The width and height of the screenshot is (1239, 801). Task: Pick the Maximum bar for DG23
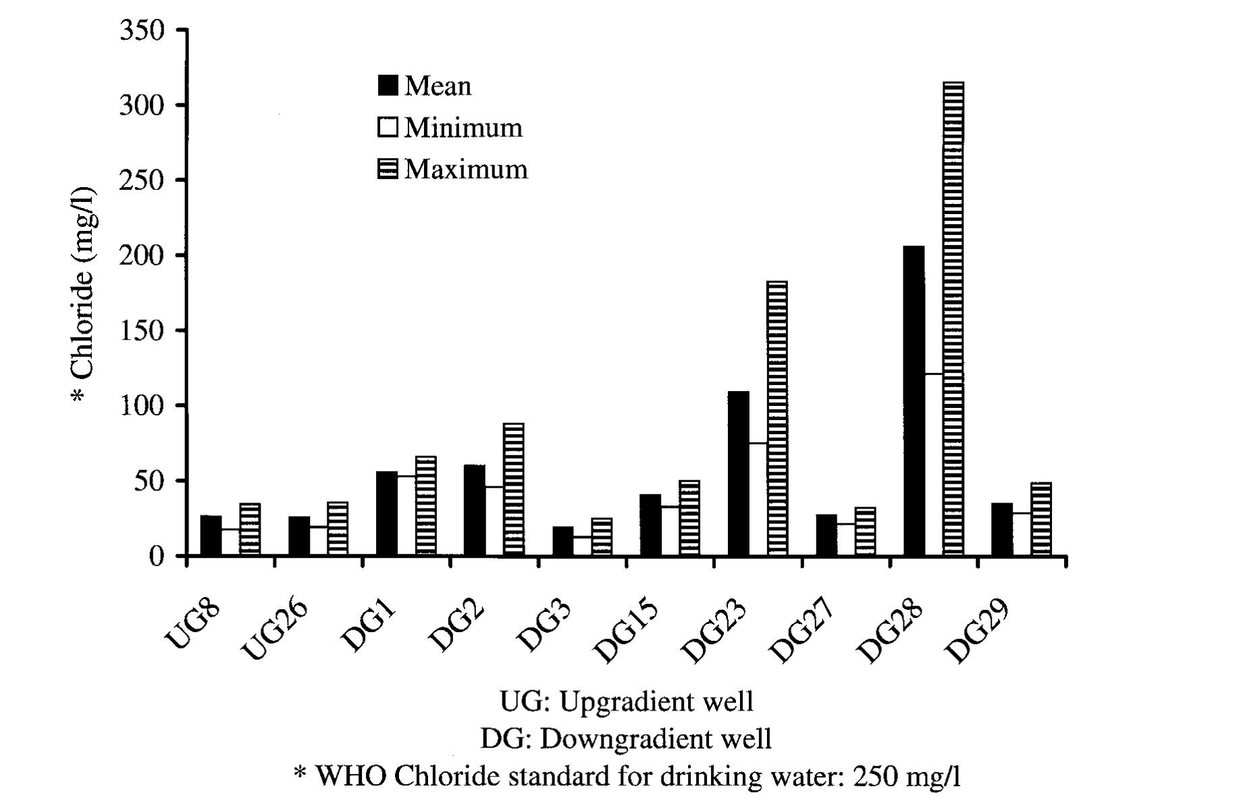pyautogui.click(x=777, y=418)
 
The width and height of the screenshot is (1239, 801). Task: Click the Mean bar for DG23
pyautogui.click(x=739, y=473)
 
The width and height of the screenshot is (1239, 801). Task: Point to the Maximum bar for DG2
pyautogui.click(x=513, y=489)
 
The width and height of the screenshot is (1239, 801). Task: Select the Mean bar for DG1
pyautogui.click(x=387, y=513)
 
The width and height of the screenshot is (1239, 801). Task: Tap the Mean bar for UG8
pyautogui.click(x=211, y=536)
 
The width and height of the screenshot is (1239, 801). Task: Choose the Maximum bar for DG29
pyautogui.click(x=1041, y=519)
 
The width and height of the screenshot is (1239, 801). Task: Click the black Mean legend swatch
pyautogui.click(x=388, y=86)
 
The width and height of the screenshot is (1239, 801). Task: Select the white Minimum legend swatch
pyautogui.click(x=388, y=127)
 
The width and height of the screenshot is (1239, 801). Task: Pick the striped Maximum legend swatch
pyautogui.click(x=388, y=169)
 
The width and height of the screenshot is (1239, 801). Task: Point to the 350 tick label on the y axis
pyautogui.click(x=142, y=30)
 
